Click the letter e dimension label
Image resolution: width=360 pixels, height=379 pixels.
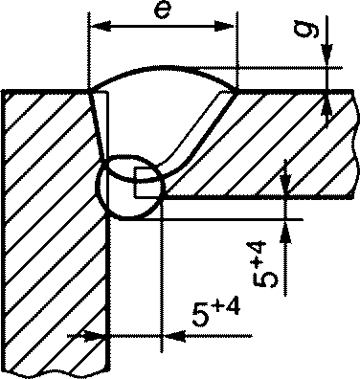pyautogui.click(x=162, y=11)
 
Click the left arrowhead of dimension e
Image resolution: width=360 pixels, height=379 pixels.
pyautogui.click(x=101, y=27)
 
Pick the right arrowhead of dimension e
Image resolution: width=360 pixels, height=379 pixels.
pyautogui.click(x=224, y=27)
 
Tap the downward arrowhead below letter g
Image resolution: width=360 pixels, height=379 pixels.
pyautogui.click(x=327, y=55)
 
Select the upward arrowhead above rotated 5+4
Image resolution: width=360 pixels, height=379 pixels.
pyautogui.click(x=285, y=233)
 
